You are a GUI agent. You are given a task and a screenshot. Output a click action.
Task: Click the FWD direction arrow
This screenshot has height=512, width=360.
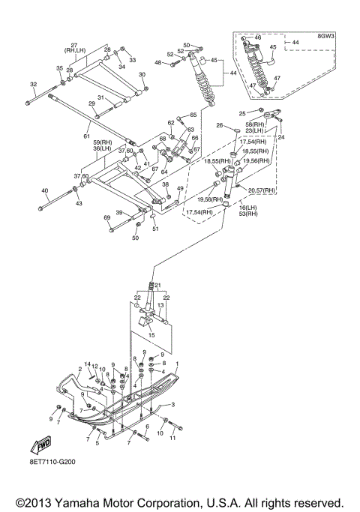click(41, 445)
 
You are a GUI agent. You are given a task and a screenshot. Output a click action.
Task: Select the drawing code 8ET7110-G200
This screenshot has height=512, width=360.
click(52, 462)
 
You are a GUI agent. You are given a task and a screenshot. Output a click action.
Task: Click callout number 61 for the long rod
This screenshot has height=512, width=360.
click(86, 136)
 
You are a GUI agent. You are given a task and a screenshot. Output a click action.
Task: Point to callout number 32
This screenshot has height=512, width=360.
click(33, 84)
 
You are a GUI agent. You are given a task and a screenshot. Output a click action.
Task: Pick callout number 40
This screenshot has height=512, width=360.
click(45, 190)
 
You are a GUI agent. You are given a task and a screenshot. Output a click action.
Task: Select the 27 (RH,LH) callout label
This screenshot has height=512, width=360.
click(74, 48)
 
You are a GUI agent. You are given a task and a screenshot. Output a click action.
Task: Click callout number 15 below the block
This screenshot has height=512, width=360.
click(151, 335)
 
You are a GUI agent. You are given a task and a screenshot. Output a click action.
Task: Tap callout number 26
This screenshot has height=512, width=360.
click(220, 125)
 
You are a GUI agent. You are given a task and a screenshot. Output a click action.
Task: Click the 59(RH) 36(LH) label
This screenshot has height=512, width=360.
click(102, 145)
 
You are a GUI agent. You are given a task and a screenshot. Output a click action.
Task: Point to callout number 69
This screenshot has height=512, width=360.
click(106, 218)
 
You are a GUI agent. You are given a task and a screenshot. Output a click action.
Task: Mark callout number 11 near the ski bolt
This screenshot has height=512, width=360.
click(172, 438)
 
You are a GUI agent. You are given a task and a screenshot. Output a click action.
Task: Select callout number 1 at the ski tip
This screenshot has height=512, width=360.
click(178, 364)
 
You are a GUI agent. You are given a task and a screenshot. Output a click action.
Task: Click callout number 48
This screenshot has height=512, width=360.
click(157, 62)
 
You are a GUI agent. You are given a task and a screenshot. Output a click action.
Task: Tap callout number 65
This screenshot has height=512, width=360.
click(193, 115)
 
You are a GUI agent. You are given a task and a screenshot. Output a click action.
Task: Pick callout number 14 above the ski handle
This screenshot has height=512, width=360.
click(87, 364)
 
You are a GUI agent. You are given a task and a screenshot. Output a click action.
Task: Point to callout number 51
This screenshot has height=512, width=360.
click(155, 229)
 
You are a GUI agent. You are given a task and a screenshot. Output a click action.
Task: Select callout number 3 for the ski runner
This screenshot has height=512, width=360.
click(172, 405)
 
